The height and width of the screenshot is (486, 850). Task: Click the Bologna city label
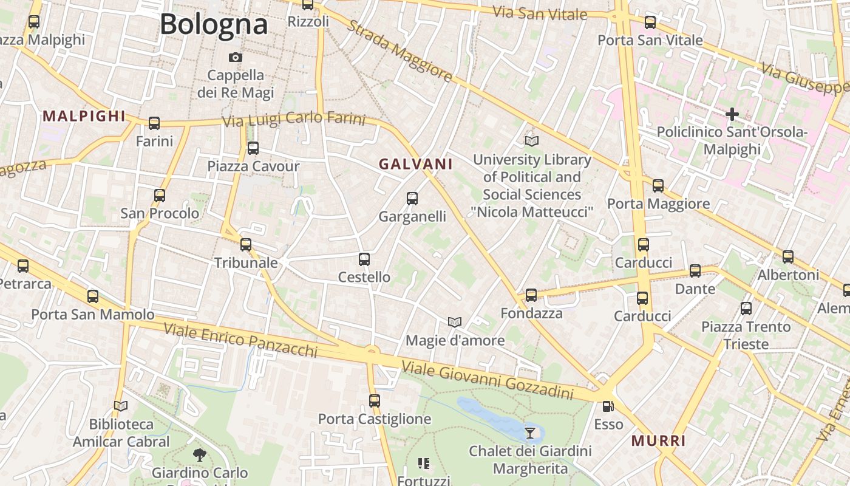pos(214,24)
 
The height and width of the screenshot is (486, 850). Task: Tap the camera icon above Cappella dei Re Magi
pos(236,58)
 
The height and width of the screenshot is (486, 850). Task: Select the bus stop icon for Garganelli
pos(412,198)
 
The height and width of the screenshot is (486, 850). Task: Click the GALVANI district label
pos(416,164)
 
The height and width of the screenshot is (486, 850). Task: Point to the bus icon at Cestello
pos(364,259)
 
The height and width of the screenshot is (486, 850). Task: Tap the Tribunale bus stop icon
pos(246,245)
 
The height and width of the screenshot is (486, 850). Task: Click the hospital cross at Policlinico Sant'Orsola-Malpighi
pos(732,114)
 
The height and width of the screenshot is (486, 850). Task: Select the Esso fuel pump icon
pos(608,406)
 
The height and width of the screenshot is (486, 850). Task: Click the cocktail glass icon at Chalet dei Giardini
pos(530,433)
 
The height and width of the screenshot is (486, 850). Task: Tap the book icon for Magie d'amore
pos(455,322)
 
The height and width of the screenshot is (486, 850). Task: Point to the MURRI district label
pos(659,441)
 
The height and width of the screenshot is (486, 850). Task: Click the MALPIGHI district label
pos(84,116)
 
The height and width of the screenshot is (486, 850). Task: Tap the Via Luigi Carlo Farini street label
pos(294,119)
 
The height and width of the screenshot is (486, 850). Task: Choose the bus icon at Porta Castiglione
pos(375,401)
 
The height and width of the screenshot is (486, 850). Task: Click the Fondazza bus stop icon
pos(531,295)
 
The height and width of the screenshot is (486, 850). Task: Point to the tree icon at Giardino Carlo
pos(199,454)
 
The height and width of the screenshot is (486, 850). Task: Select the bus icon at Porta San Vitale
pos(650,22)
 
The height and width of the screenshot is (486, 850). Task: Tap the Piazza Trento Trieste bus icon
pos(746,309)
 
